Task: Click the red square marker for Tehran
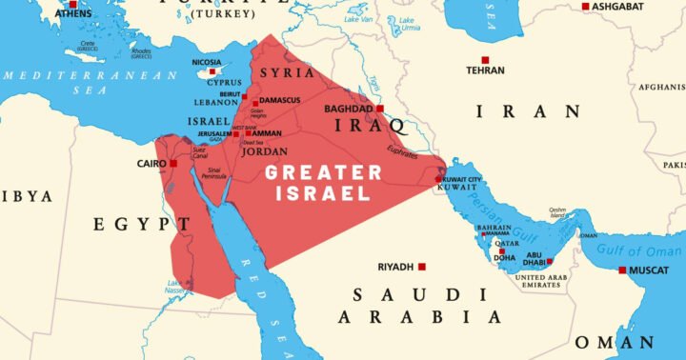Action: click(485, 60)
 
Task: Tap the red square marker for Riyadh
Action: click(422, 267)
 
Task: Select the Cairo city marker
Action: click(173, 164)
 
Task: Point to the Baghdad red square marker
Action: click(380, 109)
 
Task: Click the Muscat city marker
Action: click(623, 270)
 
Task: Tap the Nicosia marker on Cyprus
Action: click(212, 72)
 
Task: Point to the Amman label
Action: click(266, 133)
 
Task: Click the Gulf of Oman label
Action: click(640, 250)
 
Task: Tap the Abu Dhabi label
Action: click(535, 258)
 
